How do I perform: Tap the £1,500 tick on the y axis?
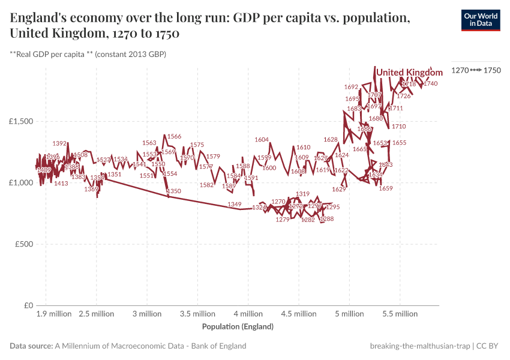(x=22, y=121)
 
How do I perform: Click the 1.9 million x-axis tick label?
(x=53, y=314)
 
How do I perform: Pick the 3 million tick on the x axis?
(x=147, y=314)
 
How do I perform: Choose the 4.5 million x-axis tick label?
(x=299, y=314)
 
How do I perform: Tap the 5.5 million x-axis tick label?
(x=400, y=314)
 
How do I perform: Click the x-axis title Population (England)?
(x=238, y=327)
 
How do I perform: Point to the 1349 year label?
(x=235, y=205)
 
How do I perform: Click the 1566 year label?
(x=174, y=137)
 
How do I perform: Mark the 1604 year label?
(x=262, y=140)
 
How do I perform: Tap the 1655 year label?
(x=399, y=143)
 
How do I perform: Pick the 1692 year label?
(x=351, y=87)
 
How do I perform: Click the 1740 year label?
(x=430, y=84)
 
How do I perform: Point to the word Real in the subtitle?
(x=26, y=55)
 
